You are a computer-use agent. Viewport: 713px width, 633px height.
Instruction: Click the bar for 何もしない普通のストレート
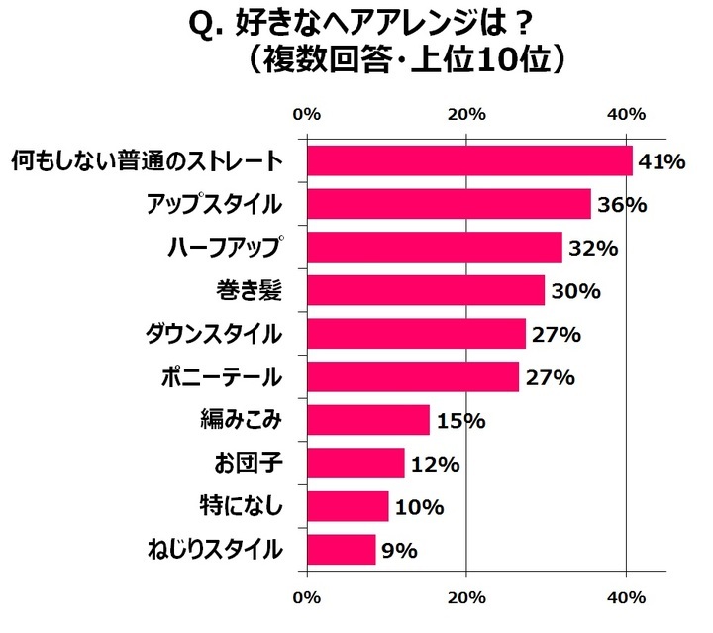(x=469, y=160)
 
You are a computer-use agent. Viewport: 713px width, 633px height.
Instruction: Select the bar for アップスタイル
(x=449, y=204)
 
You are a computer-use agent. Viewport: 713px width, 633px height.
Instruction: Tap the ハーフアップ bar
(x=435, y=248)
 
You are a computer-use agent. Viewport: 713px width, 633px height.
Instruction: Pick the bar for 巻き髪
(x=426, y=290)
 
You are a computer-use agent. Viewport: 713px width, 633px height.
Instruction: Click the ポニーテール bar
(x=413, y=377)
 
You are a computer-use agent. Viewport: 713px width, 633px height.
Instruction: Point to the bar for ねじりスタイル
(x=342, y=549)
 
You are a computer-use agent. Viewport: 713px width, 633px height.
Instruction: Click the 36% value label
(x=621, y=205)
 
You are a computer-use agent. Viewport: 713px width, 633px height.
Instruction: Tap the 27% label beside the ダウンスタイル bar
(x=555, y=334)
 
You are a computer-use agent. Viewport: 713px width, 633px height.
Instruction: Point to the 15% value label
(x=459, y=421)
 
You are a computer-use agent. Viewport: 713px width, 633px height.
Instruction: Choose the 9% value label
(x=402, y=550)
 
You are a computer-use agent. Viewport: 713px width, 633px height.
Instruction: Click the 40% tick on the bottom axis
(x=626, y=597)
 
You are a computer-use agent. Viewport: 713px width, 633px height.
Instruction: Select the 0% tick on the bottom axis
(x=308, y=597)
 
